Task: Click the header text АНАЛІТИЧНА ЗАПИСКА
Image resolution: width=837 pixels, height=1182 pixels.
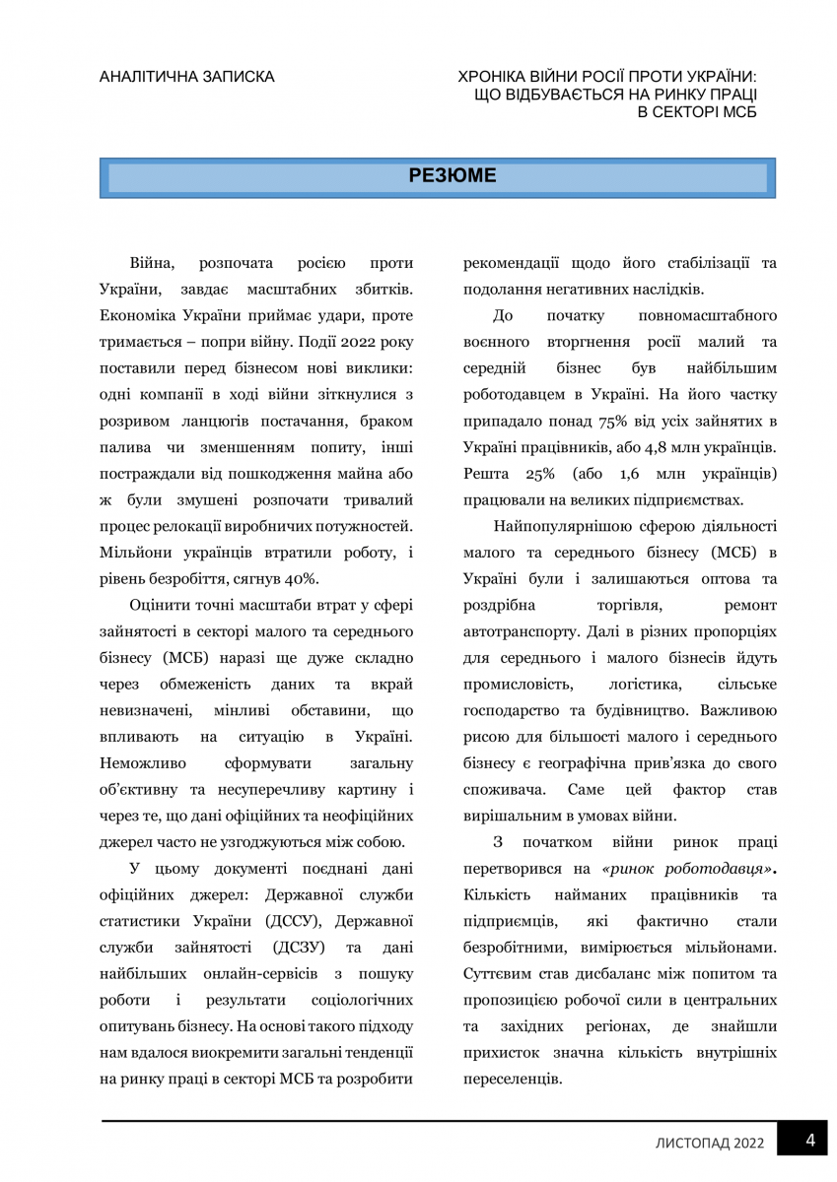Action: pyautogui.click(x=187, y=77)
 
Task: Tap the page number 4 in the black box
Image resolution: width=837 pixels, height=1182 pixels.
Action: pyautogui.click(x=809, y=1141)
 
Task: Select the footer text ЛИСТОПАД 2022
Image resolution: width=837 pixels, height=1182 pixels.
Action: pyautogui.click(x=710, y=1144)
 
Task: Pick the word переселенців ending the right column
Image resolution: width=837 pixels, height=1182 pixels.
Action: pyautogui.click(x=513, y=1079)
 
